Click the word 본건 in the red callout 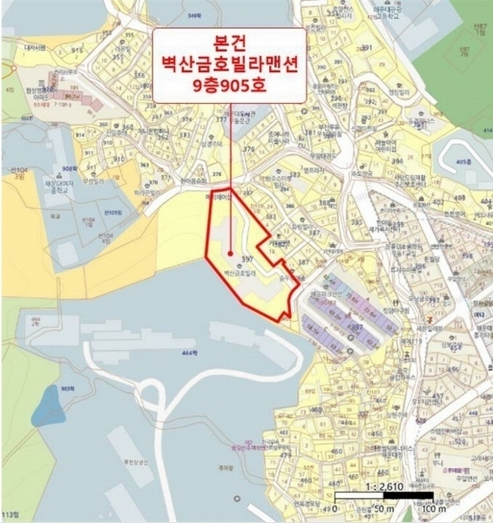229,44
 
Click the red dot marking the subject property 229,255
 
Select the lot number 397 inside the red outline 246,260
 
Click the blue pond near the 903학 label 48,406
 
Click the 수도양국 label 352,172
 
